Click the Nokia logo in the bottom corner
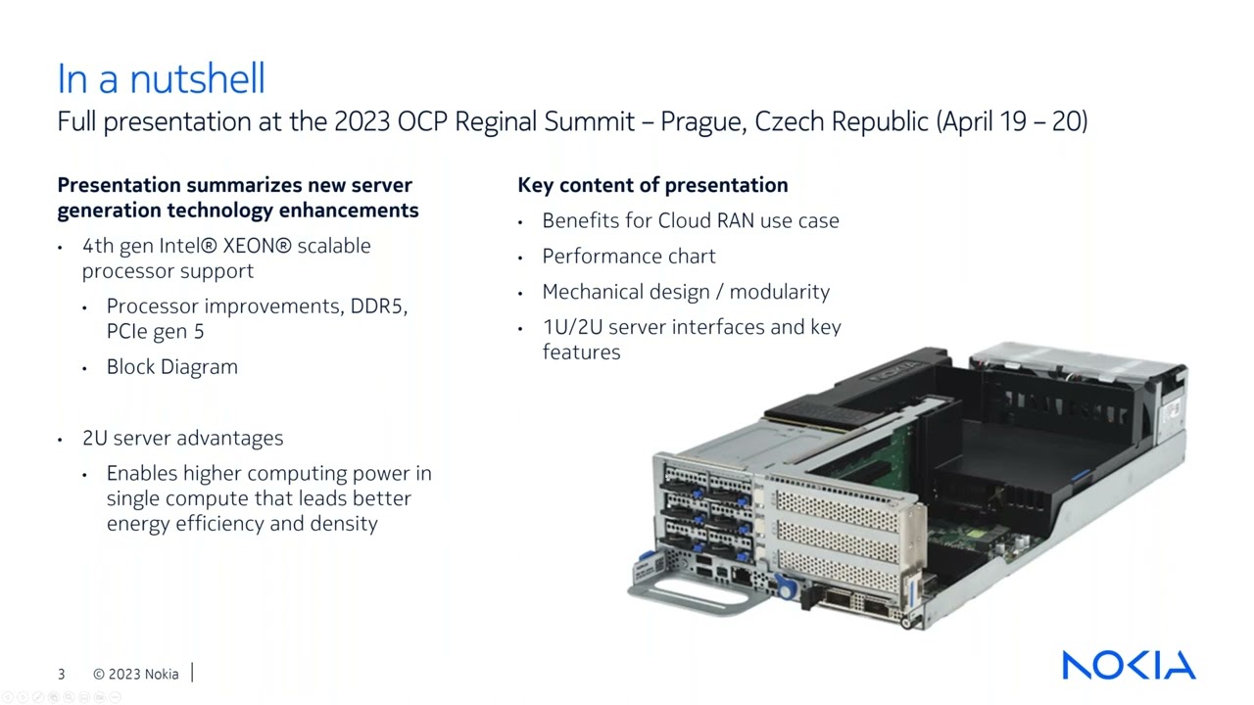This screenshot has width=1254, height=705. tap(1129, 665)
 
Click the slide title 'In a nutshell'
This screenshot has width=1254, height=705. tap(161, 79)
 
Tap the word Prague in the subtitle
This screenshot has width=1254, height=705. tap(700, 121)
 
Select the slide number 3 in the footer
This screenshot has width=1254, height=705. tap(62, 674)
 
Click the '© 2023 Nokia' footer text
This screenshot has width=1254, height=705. tap(136, 674)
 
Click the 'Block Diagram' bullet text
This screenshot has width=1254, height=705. tap(172, 367)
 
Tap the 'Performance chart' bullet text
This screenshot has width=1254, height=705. tap(629, 257)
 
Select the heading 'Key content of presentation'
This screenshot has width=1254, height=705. tap(652, 185)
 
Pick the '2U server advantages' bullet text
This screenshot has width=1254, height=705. tap(183, 438)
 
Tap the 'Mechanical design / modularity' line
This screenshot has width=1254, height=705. tap(686, 292)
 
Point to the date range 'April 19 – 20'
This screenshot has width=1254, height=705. tap(1013, 121)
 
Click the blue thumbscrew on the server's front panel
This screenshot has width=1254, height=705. tap(785, 588)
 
